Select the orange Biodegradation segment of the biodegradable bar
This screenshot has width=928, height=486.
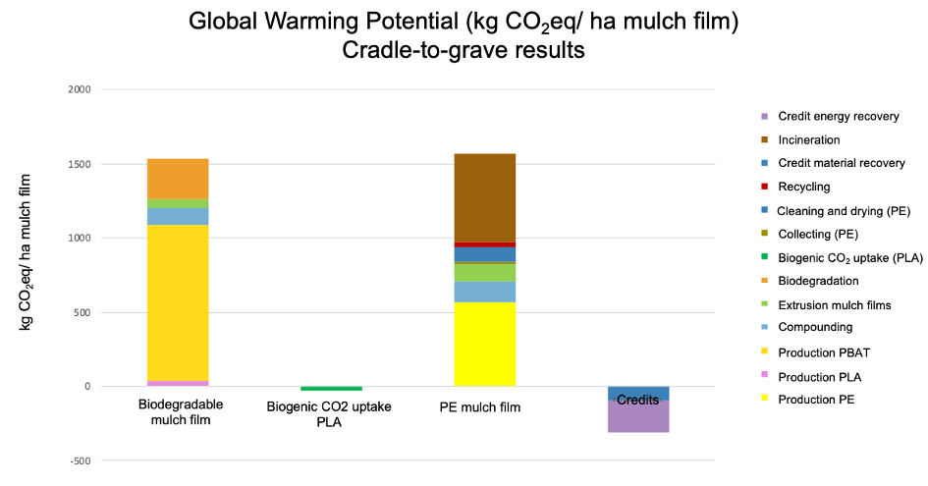pos(178,179)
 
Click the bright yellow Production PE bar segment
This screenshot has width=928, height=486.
pos(485,344)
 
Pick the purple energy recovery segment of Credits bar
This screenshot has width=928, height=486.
pos(638,416)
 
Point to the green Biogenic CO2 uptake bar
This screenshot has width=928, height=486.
pos(331,389)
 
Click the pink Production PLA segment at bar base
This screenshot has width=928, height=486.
pos(178,383)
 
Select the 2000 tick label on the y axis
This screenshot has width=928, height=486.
pos(79,89)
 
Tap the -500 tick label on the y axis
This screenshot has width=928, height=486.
pos(79,460)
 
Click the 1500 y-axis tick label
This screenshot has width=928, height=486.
pos(79,164)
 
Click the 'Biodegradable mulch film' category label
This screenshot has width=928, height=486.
pos(181,412)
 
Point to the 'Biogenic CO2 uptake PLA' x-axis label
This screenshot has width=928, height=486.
pos(330,413)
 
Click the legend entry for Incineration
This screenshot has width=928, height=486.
pos(809,140)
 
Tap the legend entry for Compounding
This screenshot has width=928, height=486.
pos(815,327)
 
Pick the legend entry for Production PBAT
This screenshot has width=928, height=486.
pos(824,351)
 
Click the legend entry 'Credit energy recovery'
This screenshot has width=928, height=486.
pos(838,116)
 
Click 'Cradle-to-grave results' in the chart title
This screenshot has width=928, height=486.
pos(464,51)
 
